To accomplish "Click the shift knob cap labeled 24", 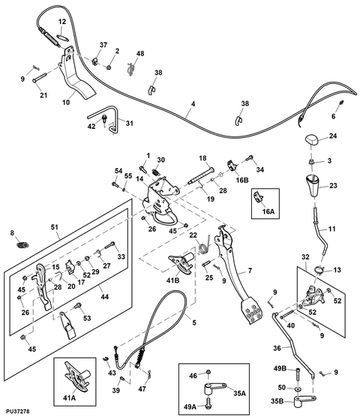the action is pyautogui.click(x=311, y=140).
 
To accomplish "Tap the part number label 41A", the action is pyautogui.click(x=69, y=398).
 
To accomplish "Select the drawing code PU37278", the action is pyautogui.click(x=18, y=411).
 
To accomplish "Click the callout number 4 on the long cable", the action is pyautogui.click(x=193, y=104).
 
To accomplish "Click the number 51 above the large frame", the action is pyautogui.click(x=54, y=227).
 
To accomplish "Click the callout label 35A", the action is pyautogui.click(x=239, y=394).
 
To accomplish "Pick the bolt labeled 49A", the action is pyautogui.click(x=208, y=403).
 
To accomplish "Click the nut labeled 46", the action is pyautogui.click(x=208, y=372).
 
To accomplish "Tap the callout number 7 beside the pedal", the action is pyautogui.click(x=250, y=271).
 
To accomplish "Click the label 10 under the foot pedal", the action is pyautogui.click(x=66, y=102).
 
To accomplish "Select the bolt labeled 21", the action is pyautogui.click(x=39, y=76).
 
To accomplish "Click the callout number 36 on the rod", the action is pyautogui.click(x=277, y=348).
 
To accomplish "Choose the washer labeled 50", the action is pyautogui.click(x=298, y=388).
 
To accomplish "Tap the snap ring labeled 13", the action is pyautogui.click(x=319, y=270).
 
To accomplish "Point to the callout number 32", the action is pyautogui.click(x=305, y=257).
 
